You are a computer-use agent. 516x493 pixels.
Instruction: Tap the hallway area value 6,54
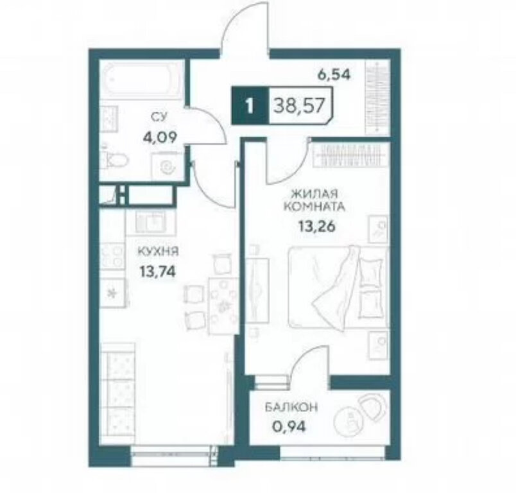[x=334, y=75]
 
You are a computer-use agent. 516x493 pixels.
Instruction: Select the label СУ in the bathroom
[x=160, y=117]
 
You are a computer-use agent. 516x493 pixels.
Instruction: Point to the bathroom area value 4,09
[x=160, y=136]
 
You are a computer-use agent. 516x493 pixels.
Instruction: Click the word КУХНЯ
[x=158, y=252]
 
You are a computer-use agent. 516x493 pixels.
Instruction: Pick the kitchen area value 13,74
[x=158, y=272]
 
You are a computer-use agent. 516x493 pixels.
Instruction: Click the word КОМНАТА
[x=314, y=207]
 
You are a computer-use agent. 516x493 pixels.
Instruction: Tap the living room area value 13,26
[x=316, y=226]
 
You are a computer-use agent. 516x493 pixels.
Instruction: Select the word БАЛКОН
[x=291, y=408]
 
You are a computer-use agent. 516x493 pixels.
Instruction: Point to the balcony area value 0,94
[x=289, y=427]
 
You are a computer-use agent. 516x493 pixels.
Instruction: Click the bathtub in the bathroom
[x=142, y=80]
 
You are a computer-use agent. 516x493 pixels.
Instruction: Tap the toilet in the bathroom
[x=115, y=160]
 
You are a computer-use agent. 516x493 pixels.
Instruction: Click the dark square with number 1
[x=250, y=105]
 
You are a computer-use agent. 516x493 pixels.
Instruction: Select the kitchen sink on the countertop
[x=151, y=221]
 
